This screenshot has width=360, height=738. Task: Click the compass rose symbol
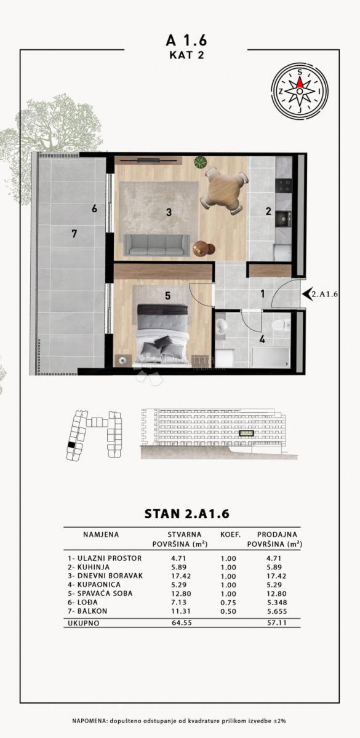(x=299, y=91)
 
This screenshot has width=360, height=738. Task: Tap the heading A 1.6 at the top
(x=186, y=40)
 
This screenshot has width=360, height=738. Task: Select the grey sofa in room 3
(x=156, y=244)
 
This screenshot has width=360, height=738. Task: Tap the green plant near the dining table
(x=200, y=163)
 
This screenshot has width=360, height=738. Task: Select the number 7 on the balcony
(x=74, y=233)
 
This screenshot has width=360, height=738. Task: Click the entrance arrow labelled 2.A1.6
(x=305, y=294)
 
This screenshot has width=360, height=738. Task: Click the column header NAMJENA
(x=101, y=535)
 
